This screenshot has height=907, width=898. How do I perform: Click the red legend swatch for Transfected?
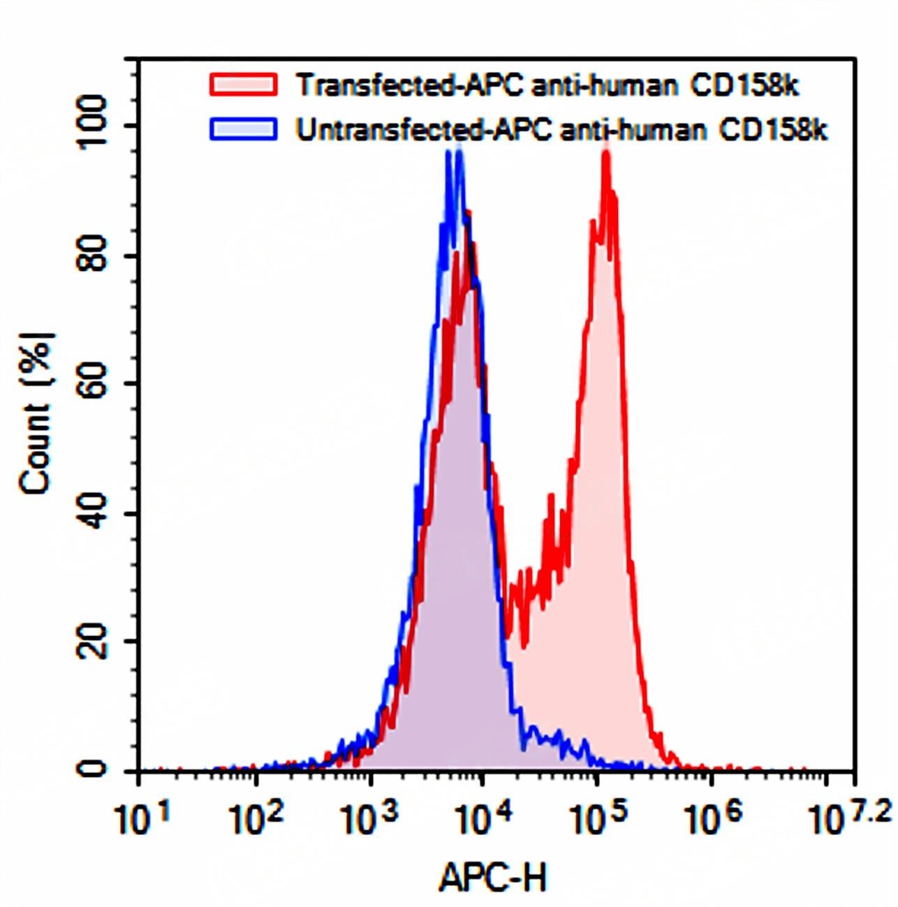click(243, 84)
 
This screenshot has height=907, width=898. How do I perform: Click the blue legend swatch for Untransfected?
click(243, 129)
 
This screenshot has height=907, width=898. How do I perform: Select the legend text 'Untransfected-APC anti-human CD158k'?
click(561, 130)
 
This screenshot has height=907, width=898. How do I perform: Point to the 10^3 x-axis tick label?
click(369, 818)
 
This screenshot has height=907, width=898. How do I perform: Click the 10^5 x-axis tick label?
click(596, 818)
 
